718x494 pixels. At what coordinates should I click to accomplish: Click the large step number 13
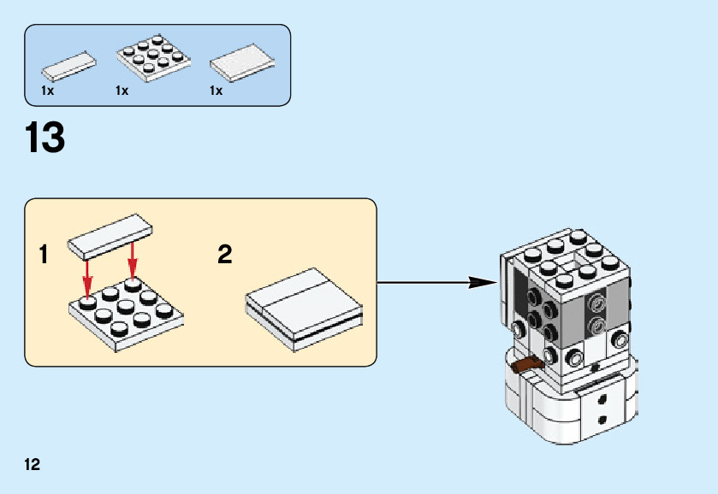(x=45, y=138)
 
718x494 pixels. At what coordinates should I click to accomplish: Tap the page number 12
(x=32, y=465)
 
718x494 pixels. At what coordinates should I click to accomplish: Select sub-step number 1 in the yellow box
(x=44, y=255)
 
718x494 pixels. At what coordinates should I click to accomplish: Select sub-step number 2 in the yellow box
(x=225, y=255)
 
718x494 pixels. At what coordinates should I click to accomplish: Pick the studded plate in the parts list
(x=151, y=58)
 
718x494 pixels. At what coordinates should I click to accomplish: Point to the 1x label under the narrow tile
(x=47, y=91)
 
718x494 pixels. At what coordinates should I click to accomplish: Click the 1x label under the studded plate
(x=122, y=91)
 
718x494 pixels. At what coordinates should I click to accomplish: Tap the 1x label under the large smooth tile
(x=217, y=91)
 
